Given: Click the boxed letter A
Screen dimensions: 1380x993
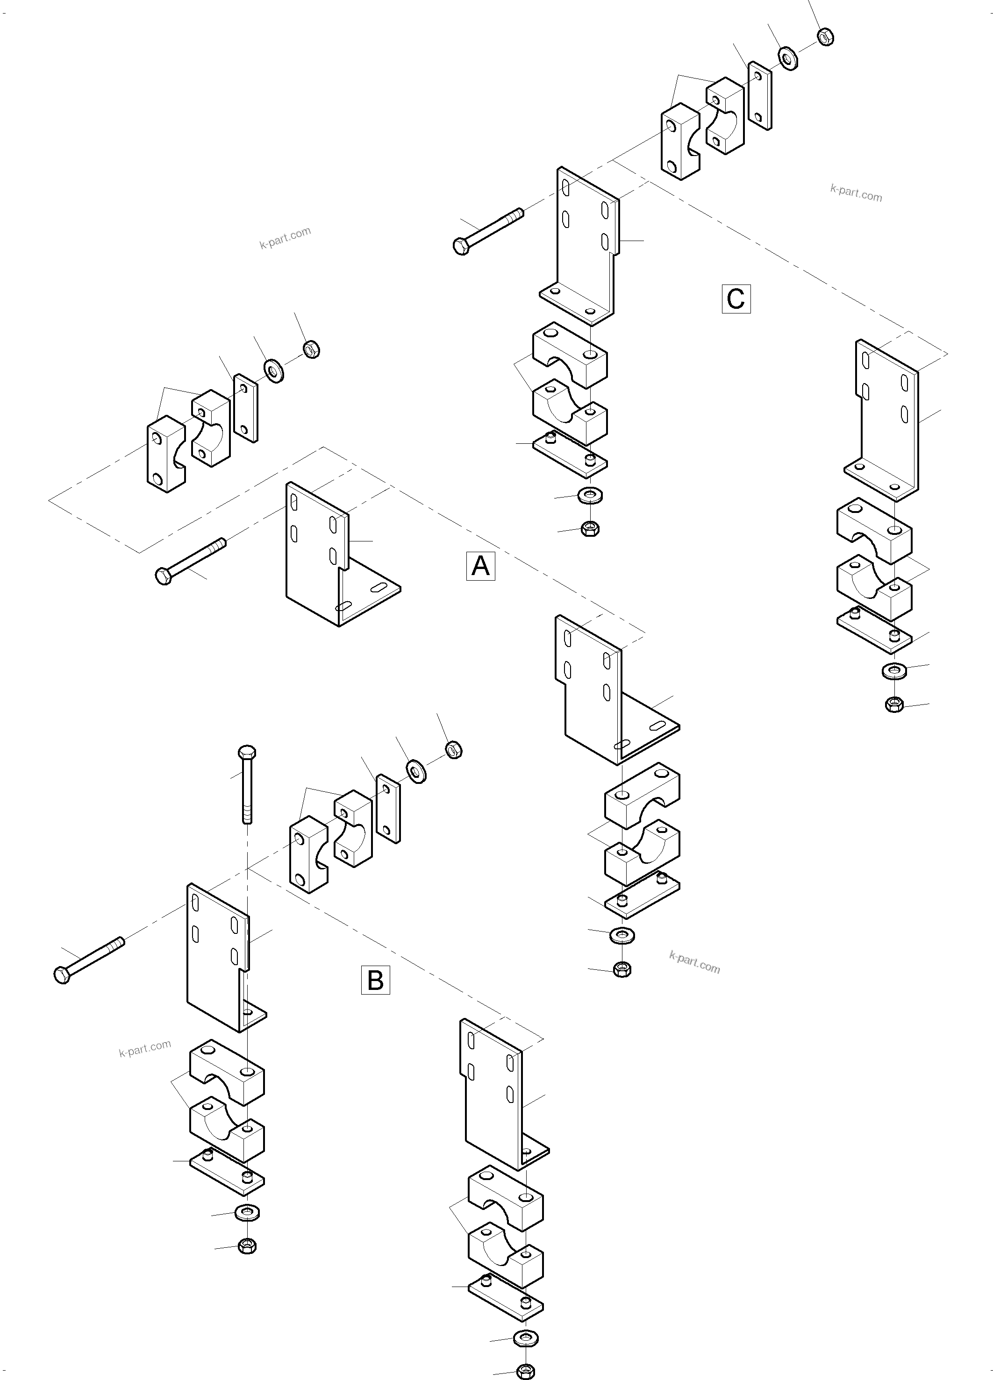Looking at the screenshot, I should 480,566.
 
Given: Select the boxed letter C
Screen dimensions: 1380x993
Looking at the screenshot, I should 736,299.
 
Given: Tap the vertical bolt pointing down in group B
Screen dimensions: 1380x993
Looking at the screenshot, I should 247,785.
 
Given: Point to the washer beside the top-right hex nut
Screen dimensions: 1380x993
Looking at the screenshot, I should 789,58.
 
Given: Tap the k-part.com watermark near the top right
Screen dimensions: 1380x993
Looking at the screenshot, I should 856,193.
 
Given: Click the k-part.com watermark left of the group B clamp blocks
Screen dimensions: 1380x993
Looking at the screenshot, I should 145,1049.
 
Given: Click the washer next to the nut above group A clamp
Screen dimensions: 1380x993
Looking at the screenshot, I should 274,370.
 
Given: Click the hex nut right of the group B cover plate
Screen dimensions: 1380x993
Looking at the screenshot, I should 453,750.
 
